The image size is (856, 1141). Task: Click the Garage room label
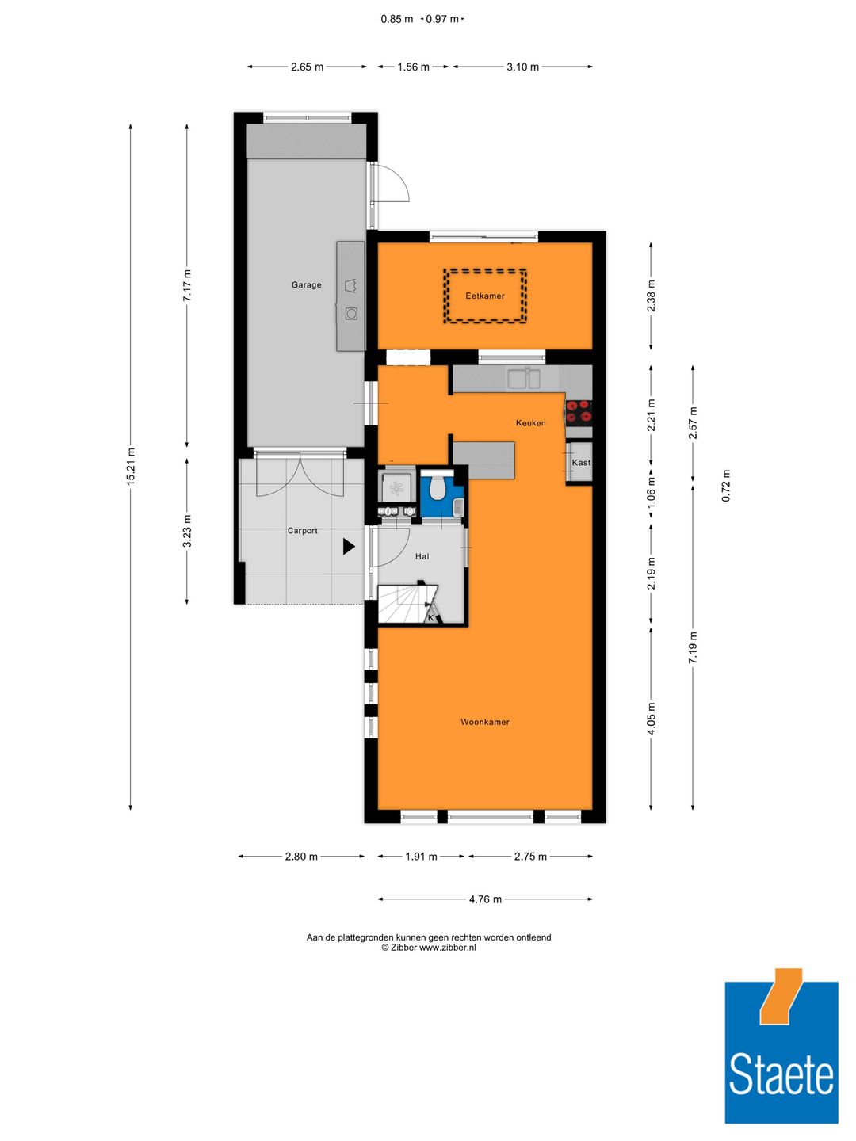(x=306, y=285)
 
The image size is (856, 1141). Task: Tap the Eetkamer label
(x=484, y=296)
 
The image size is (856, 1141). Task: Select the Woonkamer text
(x=484, y=723)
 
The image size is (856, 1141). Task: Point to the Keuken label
(x=530, y=423)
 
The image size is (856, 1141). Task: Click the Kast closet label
(x=581, y=463)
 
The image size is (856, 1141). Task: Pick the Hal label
(x=422, y=557)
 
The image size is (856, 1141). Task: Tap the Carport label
(x=302, y=532)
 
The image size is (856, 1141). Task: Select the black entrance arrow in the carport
(x=349, y=546)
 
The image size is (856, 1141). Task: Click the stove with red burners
(x=579, y=411)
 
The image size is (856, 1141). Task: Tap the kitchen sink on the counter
(x=524, y=379)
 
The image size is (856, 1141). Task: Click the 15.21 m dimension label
(x=131, y=466)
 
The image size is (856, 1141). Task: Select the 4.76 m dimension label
(x=485, y=899)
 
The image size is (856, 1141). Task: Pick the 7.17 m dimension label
(x=187, y=286)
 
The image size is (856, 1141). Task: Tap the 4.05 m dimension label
(x=652, y=719)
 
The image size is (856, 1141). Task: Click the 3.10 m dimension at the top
(x=522, y=67)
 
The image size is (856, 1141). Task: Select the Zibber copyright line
(x=429, y=948)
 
